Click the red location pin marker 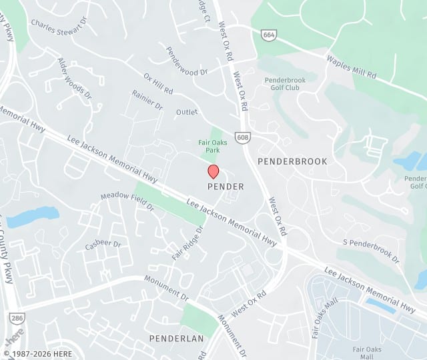point(213,171)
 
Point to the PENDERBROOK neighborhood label point(292,161)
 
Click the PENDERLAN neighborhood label point(176,339)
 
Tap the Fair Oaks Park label point(213,146)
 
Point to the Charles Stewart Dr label point(59,25)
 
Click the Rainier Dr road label point(147,100)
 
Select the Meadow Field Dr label point(127,202)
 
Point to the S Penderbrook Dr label point(371,249)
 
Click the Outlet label point(187,112)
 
